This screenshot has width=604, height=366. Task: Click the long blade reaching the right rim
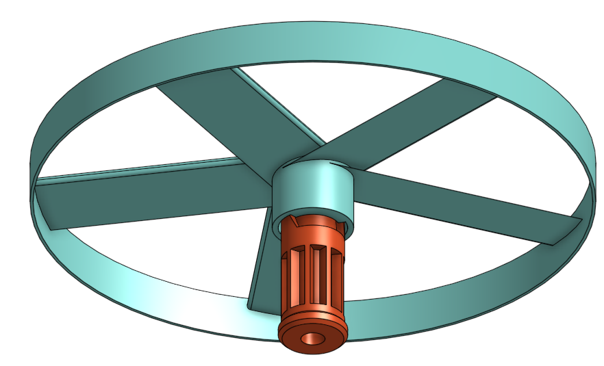coord(466,205)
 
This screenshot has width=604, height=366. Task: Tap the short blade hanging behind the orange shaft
coord(264,274)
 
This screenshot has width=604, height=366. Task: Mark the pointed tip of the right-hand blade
coord(579,220)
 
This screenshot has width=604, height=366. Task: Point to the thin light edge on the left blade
coord(137,170)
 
